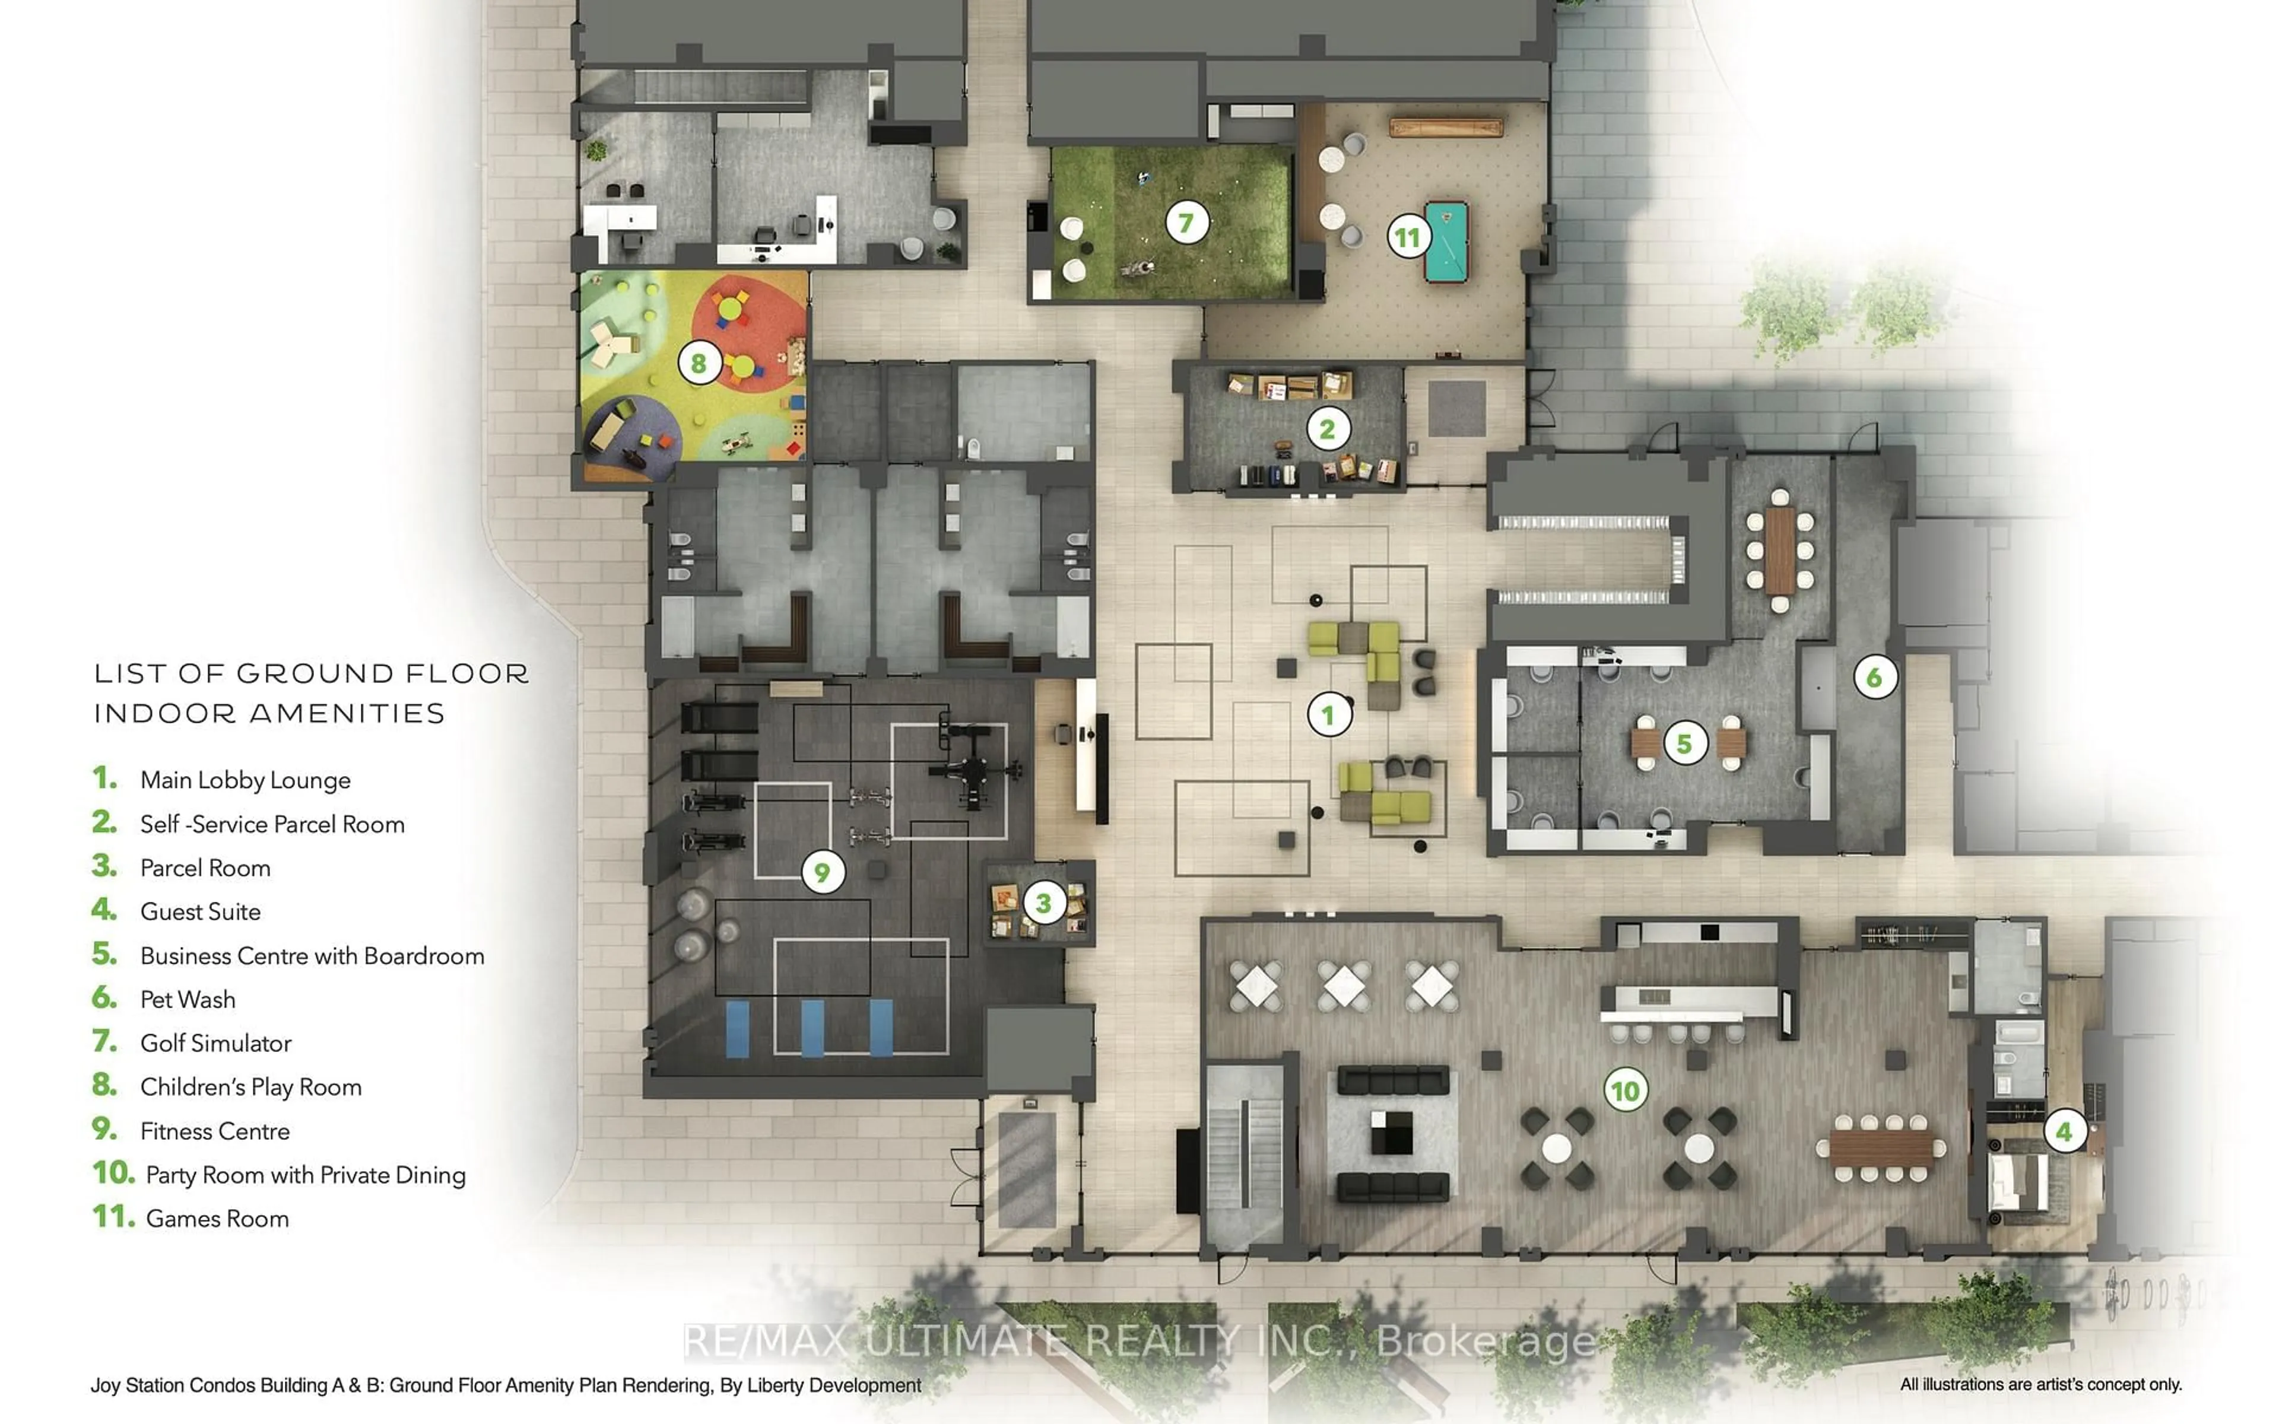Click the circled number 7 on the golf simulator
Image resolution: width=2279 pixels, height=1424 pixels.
coord(1186,223)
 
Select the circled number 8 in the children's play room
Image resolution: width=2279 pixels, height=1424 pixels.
coord(699,363)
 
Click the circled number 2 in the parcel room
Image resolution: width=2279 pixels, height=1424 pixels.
coord(1328,430)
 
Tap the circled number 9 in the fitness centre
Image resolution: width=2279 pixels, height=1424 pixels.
coord(822,872)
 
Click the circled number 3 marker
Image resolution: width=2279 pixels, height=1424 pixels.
coord(1043,903)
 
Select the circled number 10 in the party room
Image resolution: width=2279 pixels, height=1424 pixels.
coord(1626,1091)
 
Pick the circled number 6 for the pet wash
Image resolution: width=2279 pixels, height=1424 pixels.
coord(1874,677)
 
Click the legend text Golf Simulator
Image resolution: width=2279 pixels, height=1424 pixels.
coord(215,1044)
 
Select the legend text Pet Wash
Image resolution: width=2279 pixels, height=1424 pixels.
coord(188,999)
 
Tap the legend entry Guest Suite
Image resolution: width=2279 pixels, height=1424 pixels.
coord(199,912)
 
